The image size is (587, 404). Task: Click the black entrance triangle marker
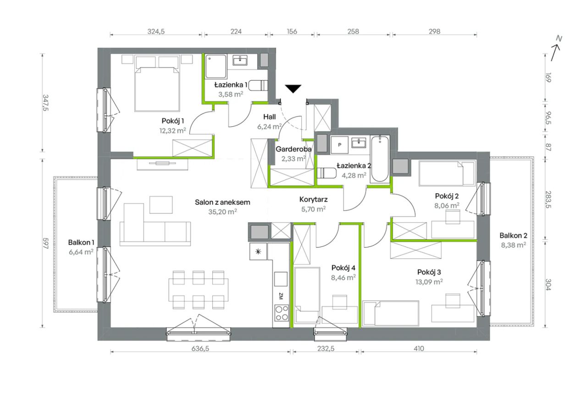293,89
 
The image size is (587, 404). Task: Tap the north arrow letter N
559,39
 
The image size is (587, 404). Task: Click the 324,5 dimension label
156,32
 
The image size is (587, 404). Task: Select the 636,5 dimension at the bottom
200,348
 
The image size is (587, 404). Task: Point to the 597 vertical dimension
45,243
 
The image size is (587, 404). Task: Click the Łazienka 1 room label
231,85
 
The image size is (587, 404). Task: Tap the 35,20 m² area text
222,212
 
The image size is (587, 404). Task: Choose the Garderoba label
293,149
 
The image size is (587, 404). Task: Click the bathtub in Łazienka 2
380,159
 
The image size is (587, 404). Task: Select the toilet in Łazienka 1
258,85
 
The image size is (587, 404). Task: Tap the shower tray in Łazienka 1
216,67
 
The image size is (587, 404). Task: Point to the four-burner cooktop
282,313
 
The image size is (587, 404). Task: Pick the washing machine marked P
340,145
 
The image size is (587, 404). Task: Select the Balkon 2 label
513,236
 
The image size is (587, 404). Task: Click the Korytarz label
313,199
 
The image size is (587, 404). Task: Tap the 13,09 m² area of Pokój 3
429,282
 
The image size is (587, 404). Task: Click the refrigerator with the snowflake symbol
258,251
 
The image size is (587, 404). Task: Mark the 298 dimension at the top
434,32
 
